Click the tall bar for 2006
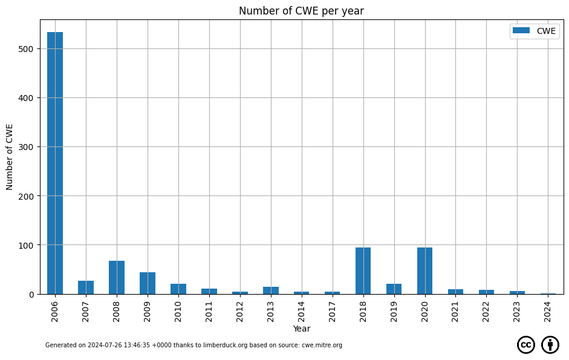coord(55,163)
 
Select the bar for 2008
coord(117,278)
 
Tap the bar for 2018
coord(363,271)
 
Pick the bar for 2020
coord(424,271)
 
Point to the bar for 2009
coord(148,283)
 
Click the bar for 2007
coord(86,287)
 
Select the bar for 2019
coord(394,289)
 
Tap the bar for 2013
coord(271,290)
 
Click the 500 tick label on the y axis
coord(26,49)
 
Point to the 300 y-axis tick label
coord(26,147)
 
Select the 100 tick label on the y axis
coord(26,245)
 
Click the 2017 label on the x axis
coord(332,312)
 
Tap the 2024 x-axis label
coord(548,312)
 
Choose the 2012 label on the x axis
coord(239,312)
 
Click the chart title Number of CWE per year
coord(301,11)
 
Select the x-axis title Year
coord(302,329)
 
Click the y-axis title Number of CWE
coord(10,157)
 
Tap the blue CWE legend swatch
coord(521,30)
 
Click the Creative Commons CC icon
coord(526,344)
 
